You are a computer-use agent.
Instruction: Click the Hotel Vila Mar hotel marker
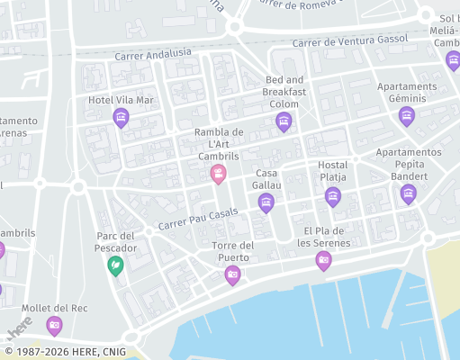(x=121, y=117)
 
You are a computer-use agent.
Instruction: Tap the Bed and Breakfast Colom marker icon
(x=284, y=121)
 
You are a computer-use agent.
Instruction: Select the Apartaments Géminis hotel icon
(x=407, y=115)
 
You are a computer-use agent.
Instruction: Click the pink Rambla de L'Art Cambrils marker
(x=218, y=173)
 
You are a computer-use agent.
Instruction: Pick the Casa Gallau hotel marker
(x=266, y=202)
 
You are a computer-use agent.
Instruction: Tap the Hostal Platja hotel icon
(x=333, y=196)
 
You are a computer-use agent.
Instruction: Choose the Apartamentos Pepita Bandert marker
(x=409, y=193)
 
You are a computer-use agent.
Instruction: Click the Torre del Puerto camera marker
(x=232, y=274)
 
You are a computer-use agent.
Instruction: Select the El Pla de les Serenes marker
(x=323, y=261)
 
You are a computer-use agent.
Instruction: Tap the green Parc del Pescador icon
(x=115, y=265)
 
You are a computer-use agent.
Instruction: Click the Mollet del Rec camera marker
(x=54, y=325)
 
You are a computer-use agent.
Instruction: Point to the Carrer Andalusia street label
(x=153, y=56)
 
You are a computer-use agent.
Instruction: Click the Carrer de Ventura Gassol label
(x=350, y=41)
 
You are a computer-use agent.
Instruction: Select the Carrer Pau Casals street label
(x=198, y=224)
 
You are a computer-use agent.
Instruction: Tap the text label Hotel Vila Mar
(x=121, y=98)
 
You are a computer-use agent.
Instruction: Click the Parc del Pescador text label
(x=115, y=242)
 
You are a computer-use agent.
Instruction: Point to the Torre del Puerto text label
(x=232, y=251)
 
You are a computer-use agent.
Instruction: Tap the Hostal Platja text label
(x=333, y=171)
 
